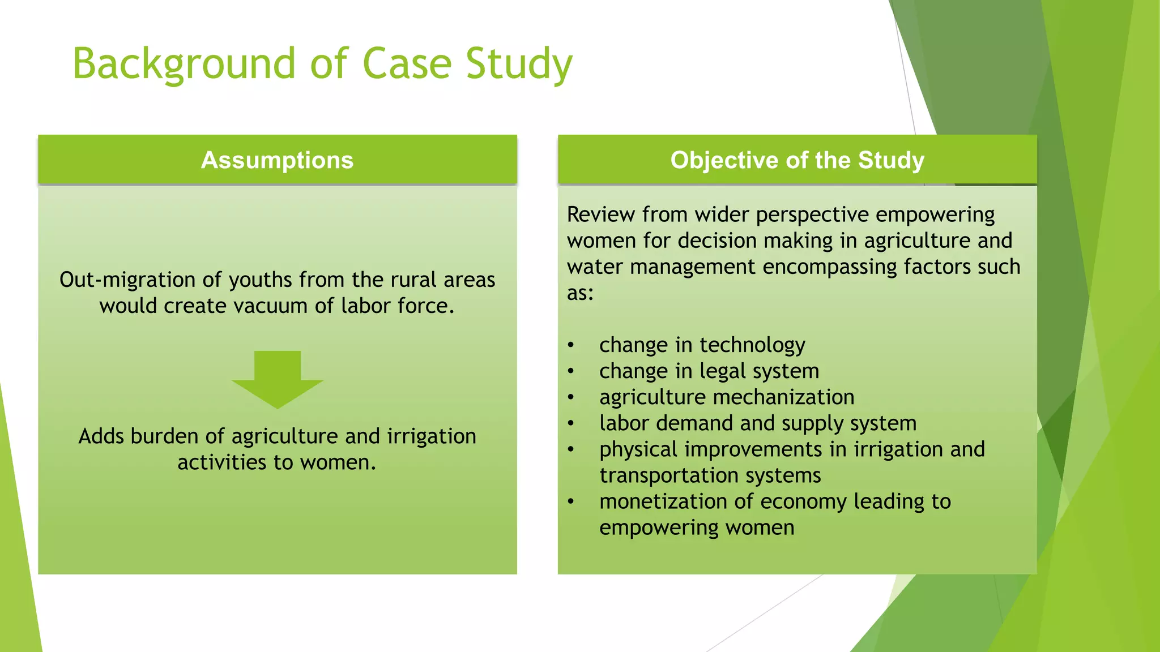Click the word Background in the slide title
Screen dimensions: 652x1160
tap(184, 63)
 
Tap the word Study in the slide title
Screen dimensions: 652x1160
tap(519, 63)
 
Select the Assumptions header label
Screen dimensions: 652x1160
tap(277, 160)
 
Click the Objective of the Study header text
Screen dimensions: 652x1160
tap(797, 160)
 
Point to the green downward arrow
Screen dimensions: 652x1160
tap(278, 380)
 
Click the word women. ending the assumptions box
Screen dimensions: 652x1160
tap(338, 462)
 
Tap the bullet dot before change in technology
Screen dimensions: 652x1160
tap(571, 345)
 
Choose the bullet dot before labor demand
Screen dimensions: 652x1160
tap(571, 423)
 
